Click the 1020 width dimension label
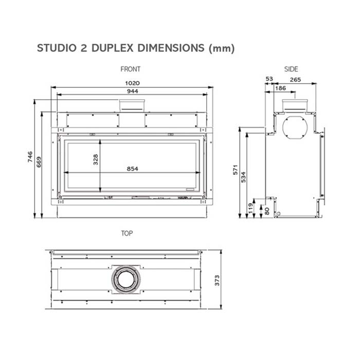(132, 83)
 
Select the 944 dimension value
(133, 91)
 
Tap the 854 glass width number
(133, 169)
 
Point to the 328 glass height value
(96, 159)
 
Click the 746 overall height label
(30, 157)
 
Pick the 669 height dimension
(39, 162)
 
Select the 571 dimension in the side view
(236, 170)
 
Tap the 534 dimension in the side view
(243, 177)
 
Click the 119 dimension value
(251, 208)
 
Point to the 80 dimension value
(267, 211)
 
